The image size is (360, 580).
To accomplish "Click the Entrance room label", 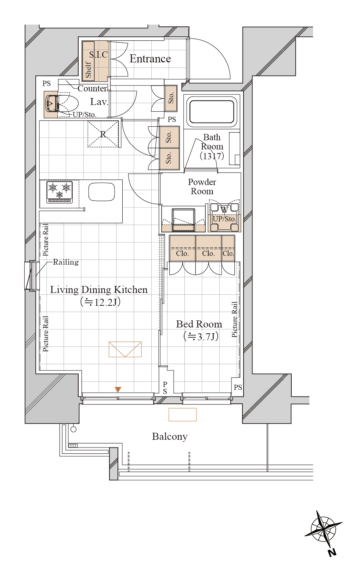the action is click(150, 58).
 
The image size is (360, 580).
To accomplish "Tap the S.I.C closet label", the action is click(98, 54).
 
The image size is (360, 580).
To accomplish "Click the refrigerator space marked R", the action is click(103, 134).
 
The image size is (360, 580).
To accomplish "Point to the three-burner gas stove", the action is click(60, 192).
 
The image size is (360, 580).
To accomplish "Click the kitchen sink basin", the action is click(102, 192).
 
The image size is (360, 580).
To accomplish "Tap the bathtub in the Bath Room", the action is click(212, 112).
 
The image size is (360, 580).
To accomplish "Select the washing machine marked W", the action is click(224, 217).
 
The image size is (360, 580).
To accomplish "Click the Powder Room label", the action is click(202, 186).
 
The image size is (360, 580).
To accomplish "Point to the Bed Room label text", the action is click(199, 324).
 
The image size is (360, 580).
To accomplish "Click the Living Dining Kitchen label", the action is click(99, 290).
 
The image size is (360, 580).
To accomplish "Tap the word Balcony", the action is click(170, 436).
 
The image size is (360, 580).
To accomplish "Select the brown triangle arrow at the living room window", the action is click(118, 389).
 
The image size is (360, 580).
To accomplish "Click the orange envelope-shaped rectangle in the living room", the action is click(125, 349).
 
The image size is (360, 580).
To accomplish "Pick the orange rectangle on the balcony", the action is click(183, 414).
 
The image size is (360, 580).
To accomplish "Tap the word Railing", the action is click(66, 262).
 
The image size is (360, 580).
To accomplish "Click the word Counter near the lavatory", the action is click(92, 88).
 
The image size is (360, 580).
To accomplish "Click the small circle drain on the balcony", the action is click(73, 429).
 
